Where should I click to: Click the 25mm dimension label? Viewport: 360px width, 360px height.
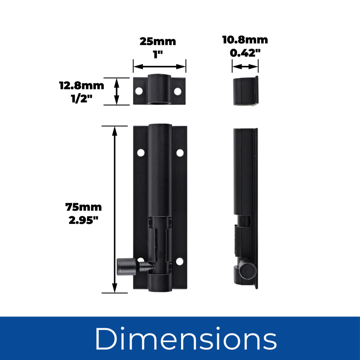click(x=158, y=41)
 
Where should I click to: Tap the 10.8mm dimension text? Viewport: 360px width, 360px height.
click(x=245, y=40)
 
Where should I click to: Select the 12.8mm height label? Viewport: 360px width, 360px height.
click(x=81, y=85)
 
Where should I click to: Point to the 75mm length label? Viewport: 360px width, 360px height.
click(x=83, y=207)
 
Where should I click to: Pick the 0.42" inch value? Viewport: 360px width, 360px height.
click(x=245, y=53)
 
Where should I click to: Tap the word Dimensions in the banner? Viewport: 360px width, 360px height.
click(x=185, y=338)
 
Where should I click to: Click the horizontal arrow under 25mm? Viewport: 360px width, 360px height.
click(x=159, y=67)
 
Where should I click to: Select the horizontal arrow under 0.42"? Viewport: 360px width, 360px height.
click(x=245, y=67)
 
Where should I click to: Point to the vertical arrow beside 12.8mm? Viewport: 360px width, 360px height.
click(x=117, y=91)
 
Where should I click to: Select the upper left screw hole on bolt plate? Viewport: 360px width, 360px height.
click(x=141, y=153)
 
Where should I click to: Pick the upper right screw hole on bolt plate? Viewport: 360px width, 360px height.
click(x=180, y=153)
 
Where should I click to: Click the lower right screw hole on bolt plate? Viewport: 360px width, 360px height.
click(x=179, y=261)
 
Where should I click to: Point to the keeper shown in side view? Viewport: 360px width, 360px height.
click(x=245, y=91)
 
